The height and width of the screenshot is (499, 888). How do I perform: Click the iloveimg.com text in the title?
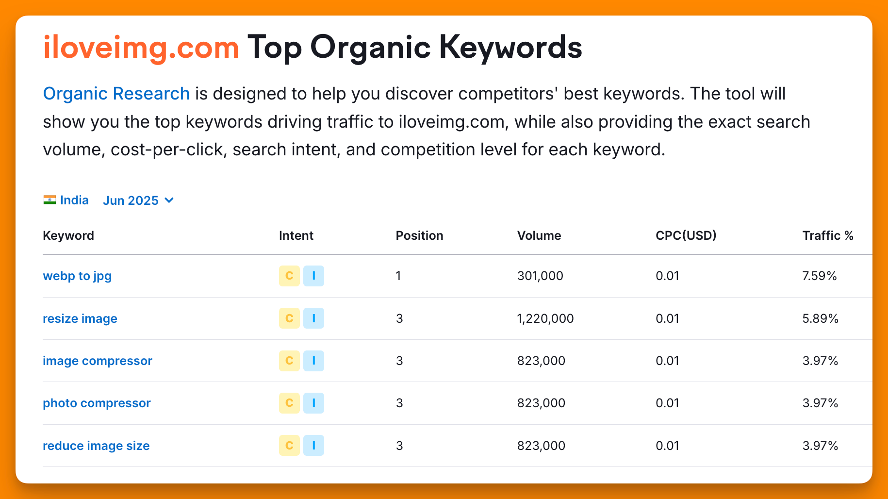pos(141,48)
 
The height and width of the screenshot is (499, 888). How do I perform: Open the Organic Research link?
pos(116,94)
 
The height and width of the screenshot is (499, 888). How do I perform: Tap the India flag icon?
pos(49,200)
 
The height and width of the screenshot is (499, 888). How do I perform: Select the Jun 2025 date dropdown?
pos(138,200)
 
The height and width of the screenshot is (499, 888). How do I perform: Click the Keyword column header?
pos(68,235)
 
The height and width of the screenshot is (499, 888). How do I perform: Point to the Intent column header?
pos(296,235)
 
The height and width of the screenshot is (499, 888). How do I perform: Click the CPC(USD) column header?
pos(686,235)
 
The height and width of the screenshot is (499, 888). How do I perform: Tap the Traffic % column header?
pos(828,235)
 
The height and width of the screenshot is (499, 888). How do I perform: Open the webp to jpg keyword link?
pos(77,276)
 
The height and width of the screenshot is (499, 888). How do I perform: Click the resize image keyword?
pos(80,318)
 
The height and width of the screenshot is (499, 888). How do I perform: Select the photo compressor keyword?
pos(97,403)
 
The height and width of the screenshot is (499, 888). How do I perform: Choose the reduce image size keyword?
pos(96,446)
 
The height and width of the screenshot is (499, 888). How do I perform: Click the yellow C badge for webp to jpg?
pos(289,276)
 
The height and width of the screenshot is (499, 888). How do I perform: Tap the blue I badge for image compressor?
pos(313,361)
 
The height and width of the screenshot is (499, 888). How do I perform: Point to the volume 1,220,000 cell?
pos(545,318)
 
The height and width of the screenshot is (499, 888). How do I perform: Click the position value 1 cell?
pos(398,276)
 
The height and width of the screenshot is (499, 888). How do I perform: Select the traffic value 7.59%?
pos(820,276)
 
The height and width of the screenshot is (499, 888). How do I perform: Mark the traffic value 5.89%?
pos(821,318)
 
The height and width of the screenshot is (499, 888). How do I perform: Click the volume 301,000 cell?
pos(540,276)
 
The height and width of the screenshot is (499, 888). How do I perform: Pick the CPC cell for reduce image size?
pos(667,446)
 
